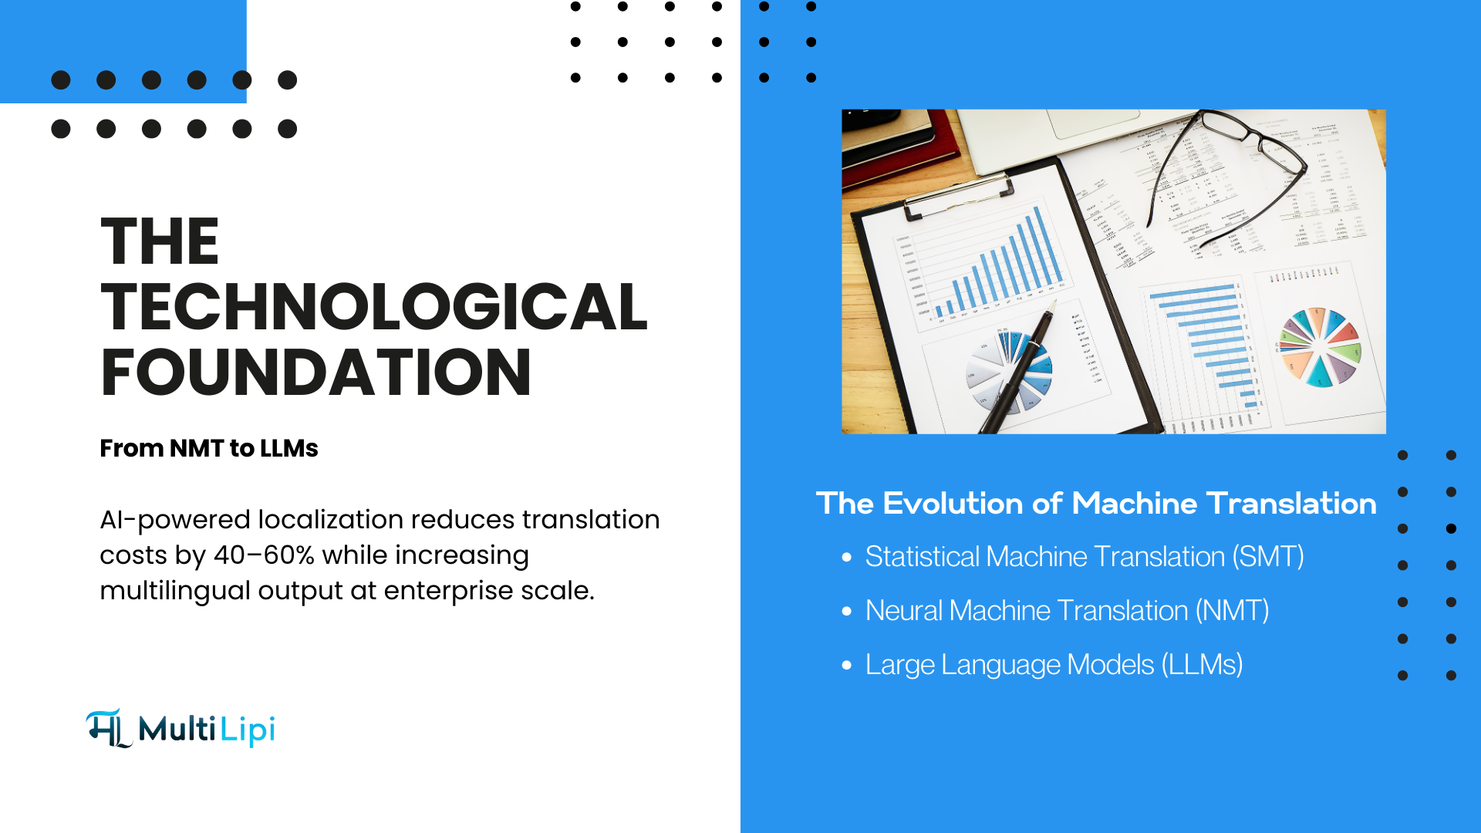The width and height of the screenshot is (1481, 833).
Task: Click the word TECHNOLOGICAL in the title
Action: [374, 307]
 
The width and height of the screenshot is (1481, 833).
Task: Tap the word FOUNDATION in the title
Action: [316, 373]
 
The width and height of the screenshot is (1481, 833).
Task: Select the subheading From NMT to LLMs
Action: [209, 448]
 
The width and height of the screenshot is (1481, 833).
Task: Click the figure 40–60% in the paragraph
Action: [264, 555]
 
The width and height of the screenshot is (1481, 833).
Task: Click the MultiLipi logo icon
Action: [108, 728]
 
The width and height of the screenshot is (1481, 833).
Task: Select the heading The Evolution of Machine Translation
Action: [1096, 504]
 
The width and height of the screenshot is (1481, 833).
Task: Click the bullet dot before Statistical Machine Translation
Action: [847, 557]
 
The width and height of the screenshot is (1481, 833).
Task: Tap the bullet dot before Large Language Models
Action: [847, 665]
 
